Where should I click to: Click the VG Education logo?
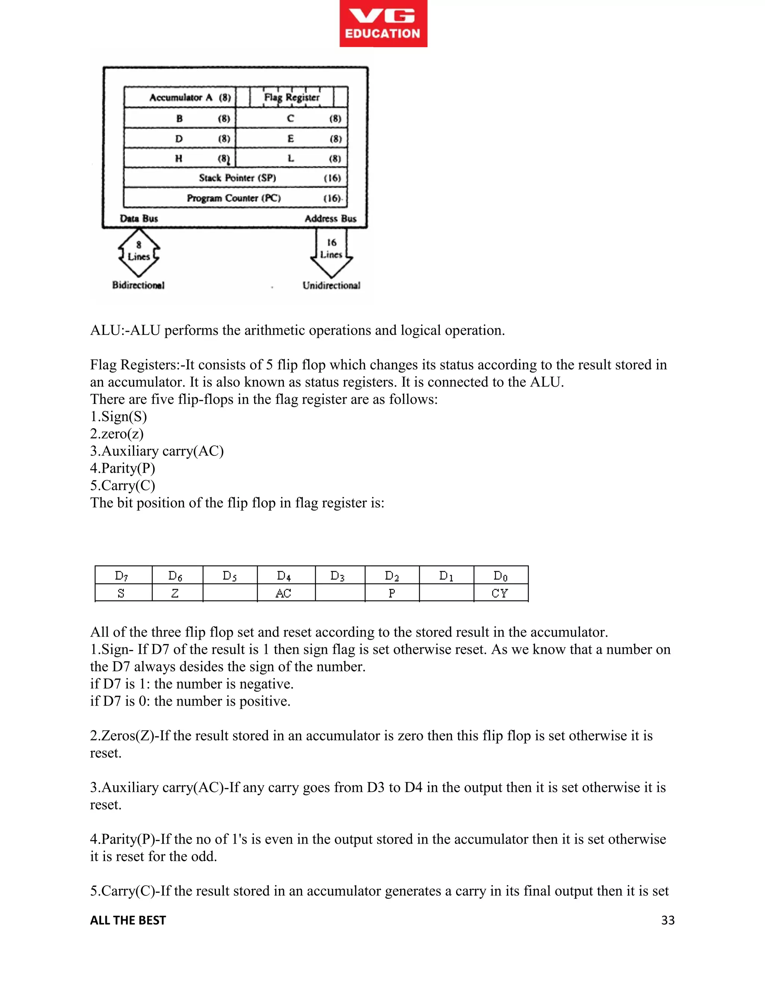[x=383, y=24]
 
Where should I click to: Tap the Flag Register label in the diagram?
[x=292, y=97]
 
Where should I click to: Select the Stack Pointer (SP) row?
[x=236, y=178]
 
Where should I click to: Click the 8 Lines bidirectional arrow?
[x=139, y=252]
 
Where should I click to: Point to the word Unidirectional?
[x=331, y=285]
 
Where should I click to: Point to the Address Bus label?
[x=330, y=219]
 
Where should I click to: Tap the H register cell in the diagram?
[x=179, y=158]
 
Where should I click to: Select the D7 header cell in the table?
[x=121, y=576]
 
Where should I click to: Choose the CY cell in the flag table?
[x=500, y=593]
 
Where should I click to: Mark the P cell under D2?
[x=391, y=593]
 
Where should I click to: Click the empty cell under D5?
[x=230, y=593]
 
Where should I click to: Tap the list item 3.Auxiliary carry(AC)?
[x=157, y=451]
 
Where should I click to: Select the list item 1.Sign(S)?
[x=118, y=417]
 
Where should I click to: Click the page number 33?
[x=668, y=920]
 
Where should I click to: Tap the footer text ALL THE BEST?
[x=128, y=920]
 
